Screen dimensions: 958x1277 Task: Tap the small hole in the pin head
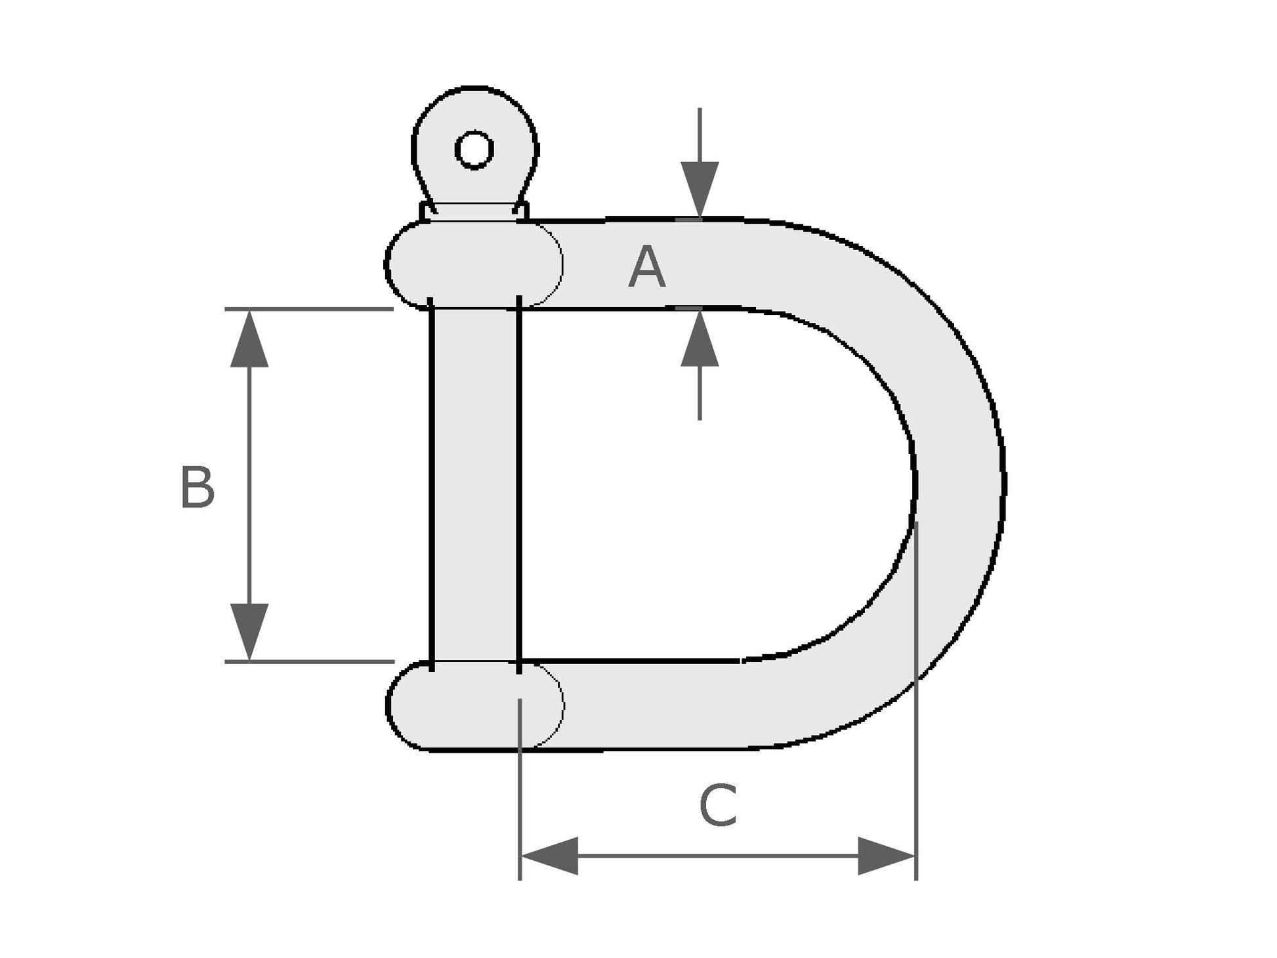tap(474, 150)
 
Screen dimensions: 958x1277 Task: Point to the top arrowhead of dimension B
tap(249, 340)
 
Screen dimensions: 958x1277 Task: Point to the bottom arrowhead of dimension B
tap(249, 630)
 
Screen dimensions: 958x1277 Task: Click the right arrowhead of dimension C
tap(886, 856)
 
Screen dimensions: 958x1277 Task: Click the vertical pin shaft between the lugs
tap(475, 486)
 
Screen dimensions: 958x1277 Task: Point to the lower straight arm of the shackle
tap(656, 705)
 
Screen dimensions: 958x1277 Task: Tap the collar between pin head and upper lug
tap(474, 211)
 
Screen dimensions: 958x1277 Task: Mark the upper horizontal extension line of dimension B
tap(308, 308)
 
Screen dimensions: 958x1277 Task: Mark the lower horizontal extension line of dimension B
tap(308, 661)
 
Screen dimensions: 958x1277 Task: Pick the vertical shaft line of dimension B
tap(249, 486)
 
